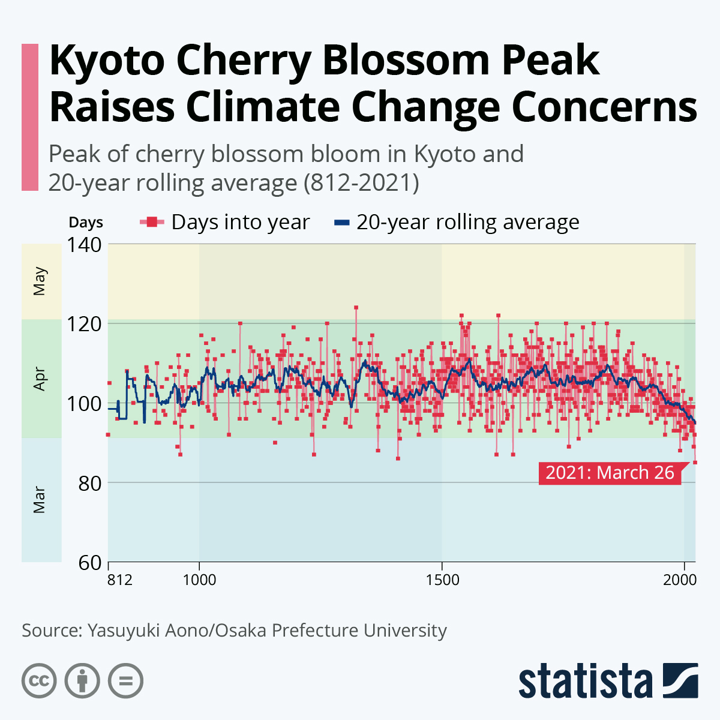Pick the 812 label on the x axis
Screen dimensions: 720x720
[120, 580]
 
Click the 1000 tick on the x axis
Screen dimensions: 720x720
[199, 580]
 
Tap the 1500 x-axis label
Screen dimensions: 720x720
[442, 580]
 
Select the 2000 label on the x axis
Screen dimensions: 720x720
[680, 580]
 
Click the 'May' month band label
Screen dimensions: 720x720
[40, 281]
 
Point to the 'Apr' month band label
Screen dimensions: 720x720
[40, 379]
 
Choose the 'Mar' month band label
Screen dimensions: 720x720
[40, 500]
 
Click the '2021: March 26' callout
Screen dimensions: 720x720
[610, 473]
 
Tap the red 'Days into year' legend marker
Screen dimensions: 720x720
[152, 223]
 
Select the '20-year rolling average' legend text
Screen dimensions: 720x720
[467, 223]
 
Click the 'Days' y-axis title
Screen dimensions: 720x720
[86, 223]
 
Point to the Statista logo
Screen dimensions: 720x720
[608, 681]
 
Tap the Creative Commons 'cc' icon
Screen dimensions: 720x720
[39, 681]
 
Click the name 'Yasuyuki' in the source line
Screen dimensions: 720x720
[119, 631]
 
